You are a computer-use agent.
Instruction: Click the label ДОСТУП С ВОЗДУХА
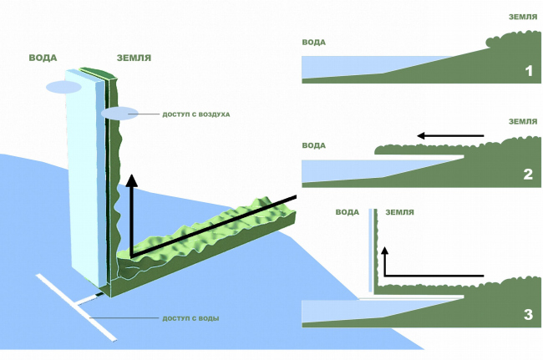pyautogui.click(x=195, y=114)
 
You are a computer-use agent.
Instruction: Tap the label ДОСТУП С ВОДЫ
pyautogui.click(x=191, y=319)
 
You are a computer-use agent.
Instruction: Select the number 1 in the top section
pyautogui.click(x=528, y=70)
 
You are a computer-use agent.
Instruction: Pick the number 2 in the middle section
pyautogui.click(x=527, y=175)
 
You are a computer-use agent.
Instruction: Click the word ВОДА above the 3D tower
pyautogui.click(x=43, y=58)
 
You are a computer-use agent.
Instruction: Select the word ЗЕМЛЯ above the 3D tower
pyautogui.click(x=134, y=58)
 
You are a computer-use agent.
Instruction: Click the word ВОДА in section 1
pyautogui.click(x=313, y=42)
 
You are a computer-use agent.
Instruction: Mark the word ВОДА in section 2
pyautogui.click(x=313, y=145)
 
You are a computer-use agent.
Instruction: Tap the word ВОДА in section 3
pyautogui.click(x=347, y=212)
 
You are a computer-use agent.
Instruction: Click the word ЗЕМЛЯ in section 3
pyautogui.click(x=398, y=212)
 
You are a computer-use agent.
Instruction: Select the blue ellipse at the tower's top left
pyautogui.click(x=63, y=87)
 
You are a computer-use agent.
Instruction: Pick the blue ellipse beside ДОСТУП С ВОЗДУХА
pyautogui.click(x=116, y=114)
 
